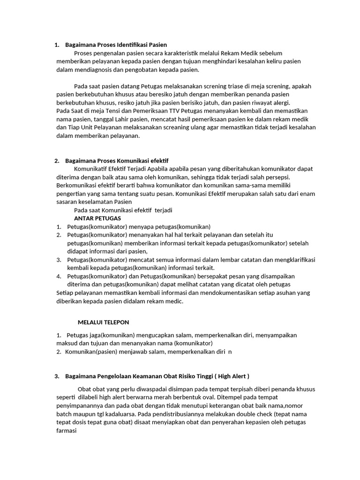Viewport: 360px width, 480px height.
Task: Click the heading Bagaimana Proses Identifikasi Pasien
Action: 116,45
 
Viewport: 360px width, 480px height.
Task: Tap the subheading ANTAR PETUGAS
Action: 97,218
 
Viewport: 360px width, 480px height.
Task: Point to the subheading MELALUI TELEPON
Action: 103,322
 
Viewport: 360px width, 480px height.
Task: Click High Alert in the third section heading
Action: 230,376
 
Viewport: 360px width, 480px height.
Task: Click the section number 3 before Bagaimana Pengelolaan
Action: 57,376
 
